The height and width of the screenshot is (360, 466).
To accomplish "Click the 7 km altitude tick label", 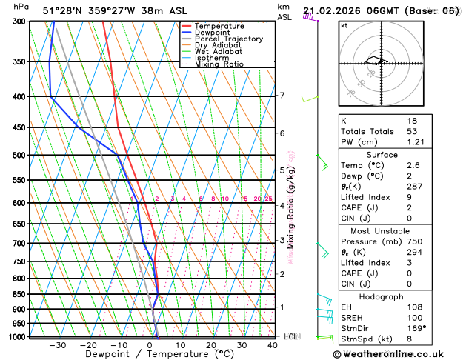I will (x=282, y=96).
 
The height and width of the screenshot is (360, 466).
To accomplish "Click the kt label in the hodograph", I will (x=344, y=25).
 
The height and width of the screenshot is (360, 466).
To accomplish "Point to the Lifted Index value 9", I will (x=410, y=198).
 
